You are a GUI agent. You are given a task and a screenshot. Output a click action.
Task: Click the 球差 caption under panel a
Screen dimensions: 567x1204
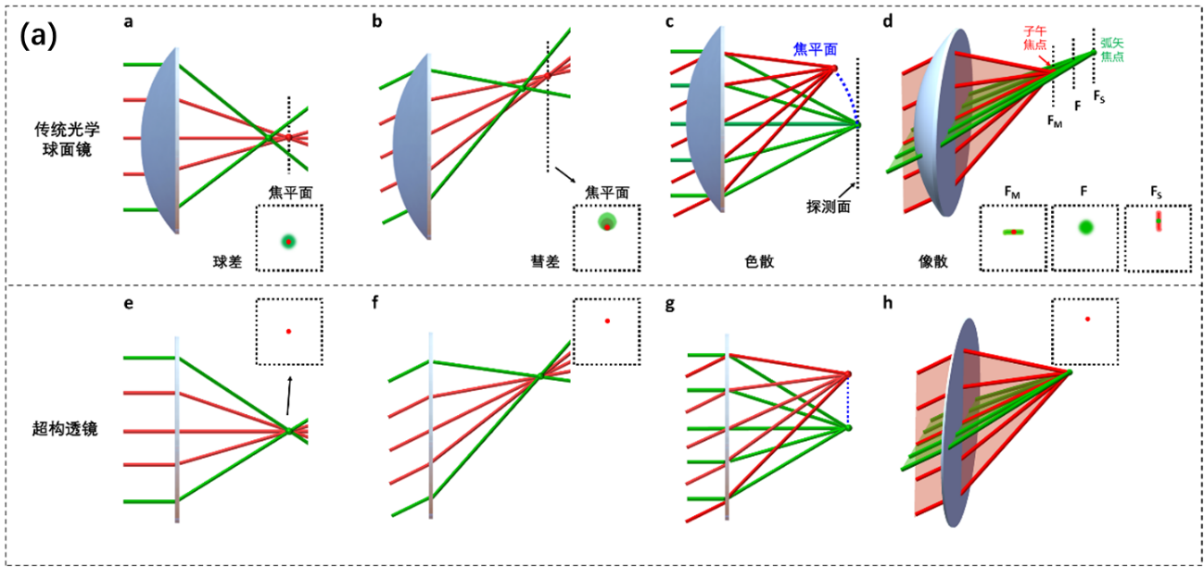pos(226,262)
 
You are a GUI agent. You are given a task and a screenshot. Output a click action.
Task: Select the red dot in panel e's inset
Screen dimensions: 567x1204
pos(289,331)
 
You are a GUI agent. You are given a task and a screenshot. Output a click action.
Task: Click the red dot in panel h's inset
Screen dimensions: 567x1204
pos(1087,319)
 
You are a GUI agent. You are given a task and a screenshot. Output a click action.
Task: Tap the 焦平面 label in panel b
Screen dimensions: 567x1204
pos(607,193)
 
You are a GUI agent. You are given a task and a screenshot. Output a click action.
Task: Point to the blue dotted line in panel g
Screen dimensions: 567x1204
pos(848,400)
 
